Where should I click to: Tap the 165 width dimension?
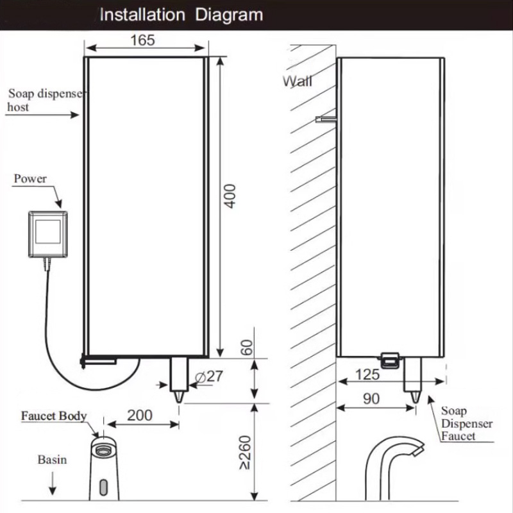142,40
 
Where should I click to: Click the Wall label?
299,81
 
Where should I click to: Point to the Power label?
30,178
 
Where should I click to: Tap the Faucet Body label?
54,416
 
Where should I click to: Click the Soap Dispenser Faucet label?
466,423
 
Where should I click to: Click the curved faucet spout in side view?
391,449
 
